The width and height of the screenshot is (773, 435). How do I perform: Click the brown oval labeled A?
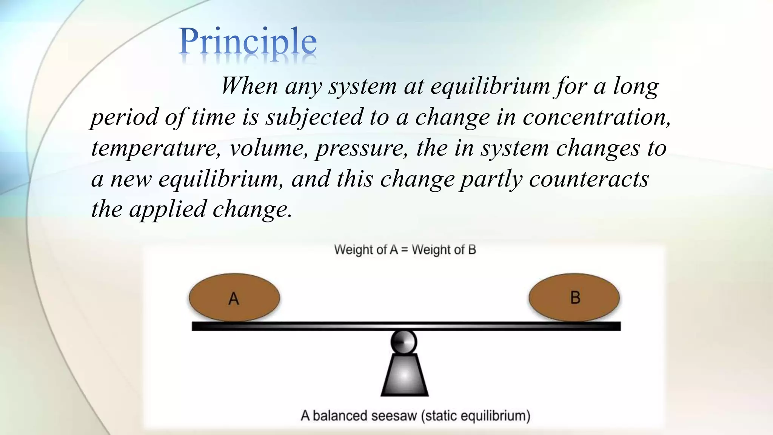click(234, 298)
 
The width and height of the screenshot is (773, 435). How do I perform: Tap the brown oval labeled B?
click(574, 298)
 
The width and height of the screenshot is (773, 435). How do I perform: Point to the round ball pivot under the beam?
click(403, 342)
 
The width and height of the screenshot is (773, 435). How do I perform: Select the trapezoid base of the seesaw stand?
click(404, 375)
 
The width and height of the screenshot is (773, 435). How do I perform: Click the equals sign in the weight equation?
click(405, 250)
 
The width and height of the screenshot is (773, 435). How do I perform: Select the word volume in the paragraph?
click(268, 148)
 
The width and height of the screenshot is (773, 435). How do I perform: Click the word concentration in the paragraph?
click(596, 117)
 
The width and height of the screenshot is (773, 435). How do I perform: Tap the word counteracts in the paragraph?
click(588, 179)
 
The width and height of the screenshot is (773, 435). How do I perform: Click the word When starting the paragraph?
click(249, 86)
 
